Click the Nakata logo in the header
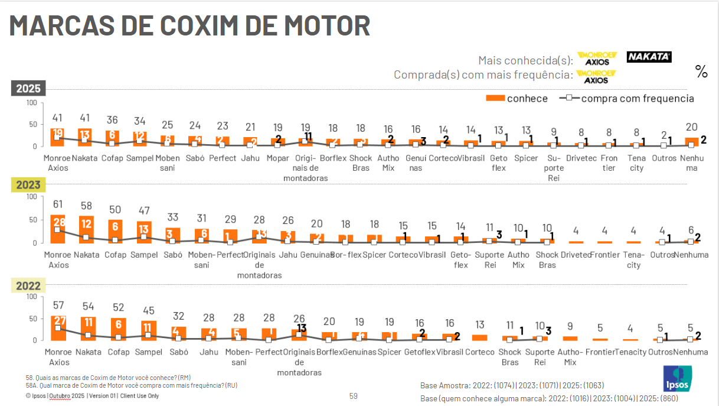(x=649, y=57)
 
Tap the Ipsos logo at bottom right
(x=678, y=378)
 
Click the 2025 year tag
(x=28, y=88)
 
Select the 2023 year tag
(x=28, y=185)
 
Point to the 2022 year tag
(x=28, y=286)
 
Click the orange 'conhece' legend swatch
(x=495, y=98)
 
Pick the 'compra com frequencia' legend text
(x=638, y=99)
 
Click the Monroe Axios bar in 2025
(x=58, y=137)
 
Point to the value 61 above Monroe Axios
(x=58, y=204)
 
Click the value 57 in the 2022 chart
(x=58, y=306)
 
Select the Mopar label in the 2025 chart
(x=277, y=158)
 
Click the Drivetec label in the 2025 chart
(x=581, y=158)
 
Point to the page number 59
(x=354, y=396)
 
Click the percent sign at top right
(x=701, y=72)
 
